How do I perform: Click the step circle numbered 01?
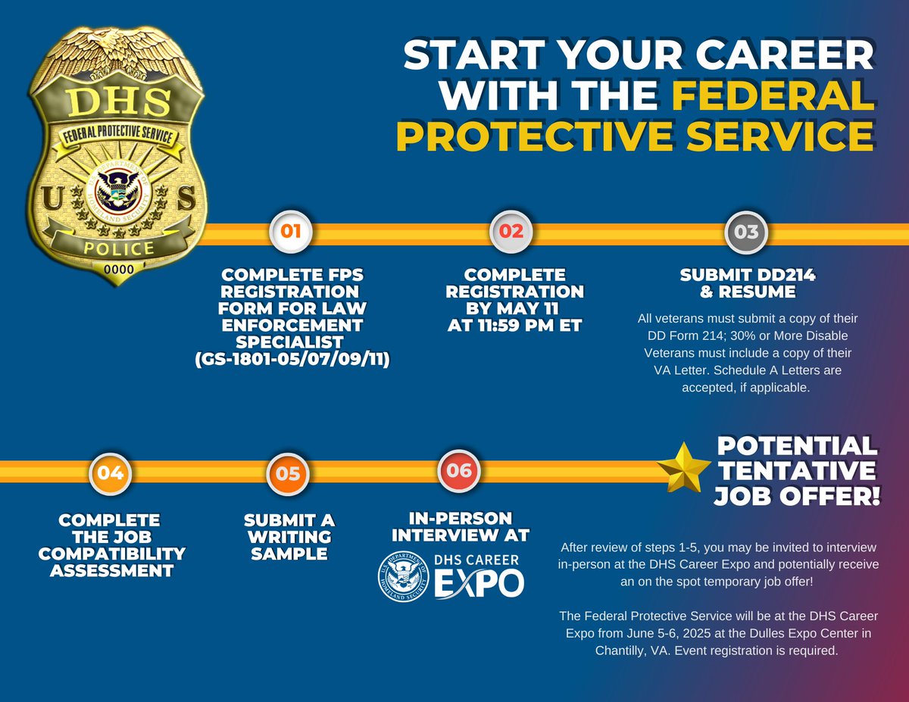point(291,232)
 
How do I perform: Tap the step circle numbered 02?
point(511,231)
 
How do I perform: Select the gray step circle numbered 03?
point(746,232)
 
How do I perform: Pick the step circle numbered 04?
point(111,473)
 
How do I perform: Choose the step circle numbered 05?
point(288,474)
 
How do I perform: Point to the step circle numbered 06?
point(459,470)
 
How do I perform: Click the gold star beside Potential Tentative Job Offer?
point(683,469)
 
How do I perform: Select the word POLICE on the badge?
point(118,248)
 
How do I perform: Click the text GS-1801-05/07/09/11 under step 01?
point(292,360)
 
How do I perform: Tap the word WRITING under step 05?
point(289,537)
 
